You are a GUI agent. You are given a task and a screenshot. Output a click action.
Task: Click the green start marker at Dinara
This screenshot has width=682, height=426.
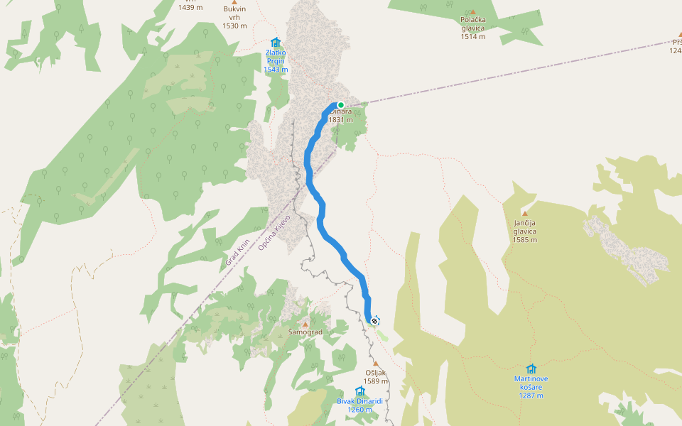coord(341,105)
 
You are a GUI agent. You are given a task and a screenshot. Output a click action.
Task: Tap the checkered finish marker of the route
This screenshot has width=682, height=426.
coord(374,320)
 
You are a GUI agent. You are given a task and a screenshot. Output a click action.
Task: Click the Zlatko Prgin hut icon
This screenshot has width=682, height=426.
coord(276,43)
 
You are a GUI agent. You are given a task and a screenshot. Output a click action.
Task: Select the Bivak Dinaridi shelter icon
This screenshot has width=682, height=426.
coord(359,391)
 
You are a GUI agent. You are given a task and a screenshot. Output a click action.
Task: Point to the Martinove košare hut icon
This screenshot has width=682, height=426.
coord(531,368)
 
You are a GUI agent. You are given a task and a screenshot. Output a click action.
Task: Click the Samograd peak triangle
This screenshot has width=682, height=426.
coord(305,324)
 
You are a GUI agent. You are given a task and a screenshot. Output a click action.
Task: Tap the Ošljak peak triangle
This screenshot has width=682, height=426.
coord(375,364)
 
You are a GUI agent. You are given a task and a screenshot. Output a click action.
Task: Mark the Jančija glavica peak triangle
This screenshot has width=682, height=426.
coord(525,213)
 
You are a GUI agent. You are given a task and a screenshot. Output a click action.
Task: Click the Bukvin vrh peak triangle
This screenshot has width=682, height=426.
coord(234,2)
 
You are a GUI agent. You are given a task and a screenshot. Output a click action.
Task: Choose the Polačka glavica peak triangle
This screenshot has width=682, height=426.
coord(472,11)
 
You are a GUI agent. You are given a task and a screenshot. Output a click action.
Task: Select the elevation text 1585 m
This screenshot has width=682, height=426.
coord(525,240)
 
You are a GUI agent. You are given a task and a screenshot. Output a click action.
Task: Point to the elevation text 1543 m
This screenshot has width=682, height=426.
coord(276,70)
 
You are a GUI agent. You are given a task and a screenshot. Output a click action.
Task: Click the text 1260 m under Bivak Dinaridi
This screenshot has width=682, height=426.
coord(359,410)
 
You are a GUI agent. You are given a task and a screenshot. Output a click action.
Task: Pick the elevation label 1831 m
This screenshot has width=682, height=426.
coord(341,120)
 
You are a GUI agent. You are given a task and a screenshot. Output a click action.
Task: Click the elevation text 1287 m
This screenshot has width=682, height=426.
coord(531,395)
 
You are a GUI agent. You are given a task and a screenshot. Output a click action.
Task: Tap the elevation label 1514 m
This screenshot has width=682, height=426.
coord(472,36)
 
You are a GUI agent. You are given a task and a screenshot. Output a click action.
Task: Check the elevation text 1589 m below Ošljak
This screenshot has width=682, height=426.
coord(376,381)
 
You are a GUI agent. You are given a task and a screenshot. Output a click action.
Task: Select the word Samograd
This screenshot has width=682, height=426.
coord(305,332)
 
